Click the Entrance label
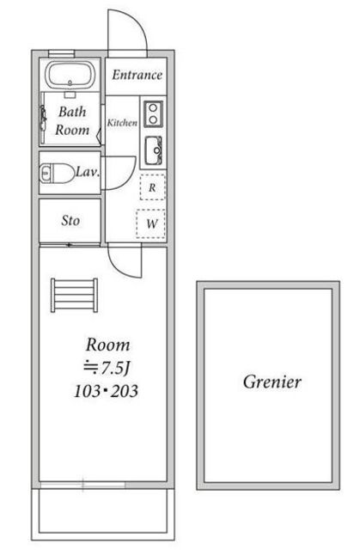click(137, 75)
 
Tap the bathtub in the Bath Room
click(70, 75)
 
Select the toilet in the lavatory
click(57, 173)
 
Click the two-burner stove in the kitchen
click(153, 114)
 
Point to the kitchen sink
click(154, 150)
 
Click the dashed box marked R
click(152, 187)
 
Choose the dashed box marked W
click(151, 223)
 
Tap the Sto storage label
click(70, 221)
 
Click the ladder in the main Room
click(74, 296)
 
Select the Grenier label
click(272, 382)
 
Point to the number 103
click(88, 391)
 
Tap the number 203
click(125, 391)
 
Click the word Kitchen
click(122, 123)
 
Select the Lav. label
click(88, 172)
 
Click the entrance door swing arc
click(139, 21)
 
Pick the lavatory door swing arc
click(131, 179)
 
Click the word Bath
click(72, 112)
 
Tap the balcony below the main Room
click(103, 514)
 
